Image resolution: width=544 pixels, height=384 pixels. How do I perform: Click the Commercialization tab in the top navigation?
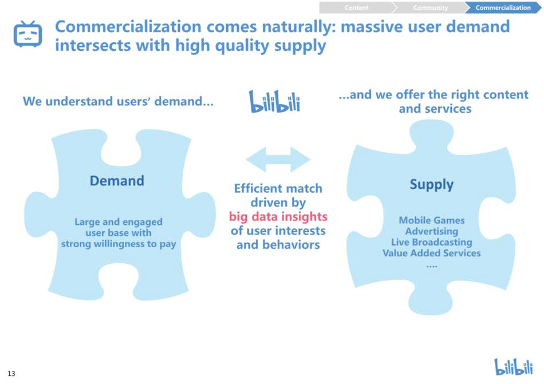tap(503, 7)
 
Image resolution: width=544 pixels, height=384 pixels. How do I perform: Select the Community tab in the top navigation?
tap(430, 7)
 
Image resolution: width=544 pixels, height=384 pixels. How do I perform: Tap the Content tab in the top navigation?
tap(357, 7)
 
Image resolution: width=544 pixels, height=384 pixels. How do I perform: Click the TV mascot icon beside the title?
tap(27, 34)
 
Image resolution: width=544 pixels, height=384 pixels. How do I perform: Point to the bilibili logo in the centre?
tap(274, 101)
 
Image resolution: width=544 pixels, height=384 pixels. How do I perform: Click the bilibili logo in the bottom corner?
tap(514, 367)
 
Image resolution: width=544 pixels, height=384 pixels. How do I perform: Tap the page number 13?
tap(11, 373)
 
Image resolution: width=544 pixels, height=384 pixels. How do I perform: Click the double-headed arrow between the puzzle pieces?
tap(278, 160)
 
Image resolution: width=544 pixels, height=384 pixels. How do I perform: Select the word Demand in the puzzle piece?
tap(117, 181)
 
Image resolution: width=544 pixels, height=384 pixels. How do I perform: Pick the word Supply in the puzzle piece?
tap(432, 185)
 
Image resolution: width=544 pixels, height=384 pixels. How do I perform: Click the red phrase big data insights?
tap(278, 216)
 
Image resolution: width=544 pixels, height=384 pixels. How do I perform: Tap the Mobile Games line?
tap(432, 220)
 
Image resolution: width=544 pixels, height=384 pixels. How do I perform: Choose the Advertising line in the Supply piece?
tap(432, 231)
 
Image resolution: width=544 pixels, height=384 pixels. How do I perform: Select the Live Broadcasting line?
tap(432, 242)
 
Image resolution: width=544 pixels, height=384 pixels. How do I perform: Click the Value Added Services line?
tap(432, 253)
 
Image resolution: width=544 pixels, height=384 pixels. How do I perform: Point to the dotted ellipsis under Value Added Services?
tap(432, 267)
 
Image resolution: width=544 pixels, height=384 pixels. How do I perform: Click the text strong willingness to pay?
tap(119, 244)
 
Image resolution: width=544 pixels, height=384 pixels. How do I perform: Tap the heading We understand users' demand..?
tap(118, 101)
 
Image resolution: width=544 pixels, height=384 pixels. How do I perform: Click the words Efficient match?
tap(278, 188)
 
